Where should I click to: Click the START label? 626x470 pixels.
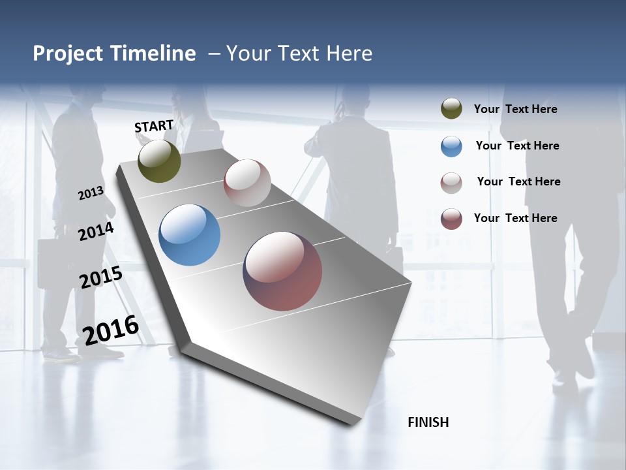pos(154,126)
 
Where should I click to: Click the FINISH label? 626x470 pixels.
pos(428,422)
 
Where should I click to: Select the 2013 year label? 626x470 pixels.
pos(91,193)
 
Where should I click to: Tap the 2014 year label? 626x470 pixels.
pos(96,231)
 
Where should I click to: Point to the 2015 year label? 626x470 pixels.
pos(100,277)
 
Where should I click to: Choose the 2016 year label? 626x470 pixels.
pos(111,330)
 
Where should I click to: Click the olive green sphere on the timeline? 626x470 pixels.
pos(159,161)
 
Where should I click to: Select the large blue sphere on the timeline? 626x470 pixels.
pos(189,235)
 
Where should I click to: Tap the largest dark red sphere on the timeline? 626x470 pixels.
pos(282,271)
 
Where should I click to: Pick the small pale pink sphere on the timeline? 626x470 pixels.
pos(247,183)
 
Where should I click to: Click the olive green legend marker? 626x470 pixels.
pos(451,109)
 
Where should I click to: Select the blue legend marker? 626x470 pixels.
pos(451,146)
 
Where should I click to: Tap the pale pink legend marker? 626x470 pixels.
pos(451,183)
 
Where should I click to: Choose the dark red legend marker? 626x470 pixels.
pos(451,219)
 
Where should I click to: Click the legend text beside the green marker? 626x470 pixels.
pos(515,109)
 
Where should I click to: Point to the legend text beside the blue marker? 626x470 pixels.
pos(517,146)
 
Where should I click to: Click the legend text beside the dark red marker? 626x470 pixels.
pos(515,218)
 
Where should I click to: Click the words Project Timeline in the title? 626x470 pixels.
pos(114,54)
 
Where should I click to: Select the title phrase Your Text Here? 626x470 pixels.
pos(299,54)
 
